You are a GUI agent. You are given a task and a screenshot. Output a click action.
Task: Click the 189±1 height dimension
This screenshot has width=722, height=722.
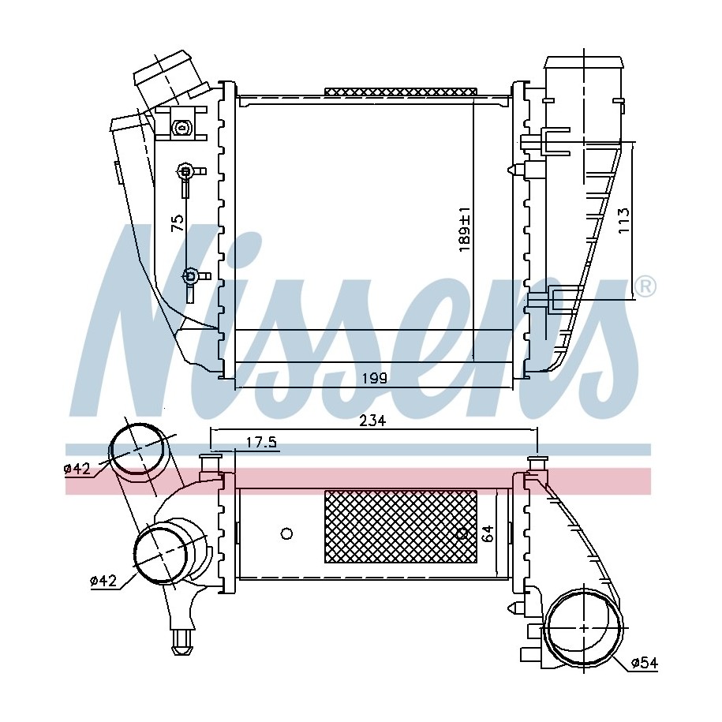click(464, 229)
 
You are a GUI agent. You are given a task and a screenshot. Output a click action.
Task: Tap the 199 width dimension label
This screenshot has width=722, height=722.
click(374, 379)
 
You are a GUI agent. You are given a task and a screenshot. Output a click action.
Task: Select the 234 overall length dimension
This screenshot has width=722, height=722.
click(372, 421)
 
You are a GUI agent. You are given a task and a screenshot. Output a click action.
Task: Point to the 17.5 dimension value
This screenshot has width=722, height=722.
click(260, 443)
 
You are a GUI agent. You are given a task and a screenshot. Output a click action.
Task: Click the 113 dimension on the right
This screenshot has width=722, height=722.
click(623, 220)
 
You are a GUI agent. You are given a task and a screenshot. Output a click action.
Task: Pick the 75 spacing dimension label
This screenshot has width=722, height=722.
click(178, 223)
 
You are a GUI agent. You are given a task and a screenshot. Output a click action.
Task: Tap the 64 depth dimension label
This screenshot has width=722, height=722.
click(488, 533)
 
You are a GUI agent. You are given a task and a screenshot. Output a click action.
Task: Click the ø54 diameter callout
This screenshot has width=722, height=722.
click(645, 663)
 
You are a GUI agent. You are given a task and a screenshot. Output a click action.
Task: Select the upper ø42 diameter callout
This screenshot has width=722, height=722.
click(77, 469)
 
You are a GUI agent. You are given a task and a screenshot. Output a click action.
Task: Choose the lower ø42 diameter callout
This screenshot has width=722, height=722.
click(103, 581)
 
